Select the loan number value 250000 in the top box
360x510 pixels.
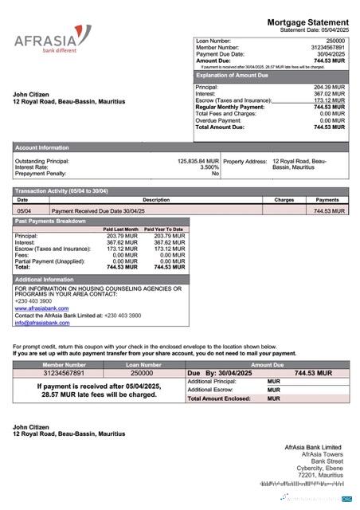tap(335, 40)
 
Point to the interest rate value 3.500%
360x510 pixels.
tap(209, 167)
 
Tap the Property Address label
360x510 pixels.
tap(245, 161)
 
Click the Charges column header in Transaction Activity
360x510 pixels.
tap(284, 200)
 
